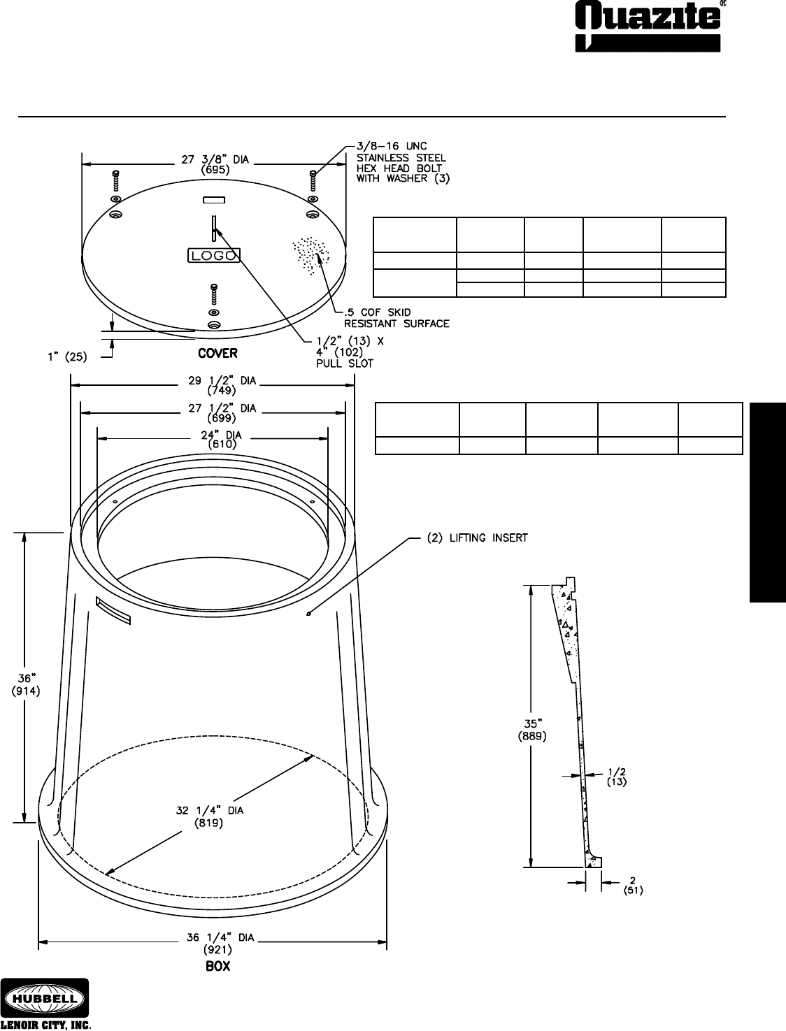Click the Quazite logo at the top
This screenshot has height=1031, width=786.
[x=648, y=27]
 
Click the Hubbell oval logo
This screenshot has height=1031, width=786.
[x=45, y=997]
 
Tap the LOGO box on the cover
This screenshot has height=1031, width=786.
[x=214, y=255]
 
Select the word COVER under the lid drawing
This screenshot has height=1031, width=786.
[x=217, y=353]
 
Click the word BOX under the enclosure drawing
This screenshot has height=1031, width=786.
[x=218, y=966]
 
